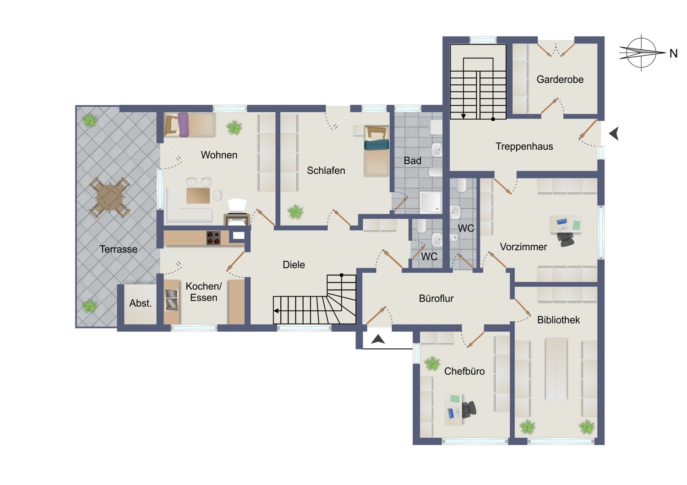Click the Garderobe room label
[560, 80]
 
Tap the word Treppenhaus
[524, 146]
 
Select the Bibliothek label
[558, 320]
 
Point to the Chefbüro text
[464, 371]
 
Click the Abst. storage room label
[141, 303]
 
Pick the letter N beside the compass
[674, 54]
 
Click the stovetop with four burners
[213, 238]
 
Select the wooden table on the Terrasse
[110, 197]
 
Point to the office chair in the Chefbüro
[469, 410]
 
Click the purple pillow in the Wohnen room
[183, 124]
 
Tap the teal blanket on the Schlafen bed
[376, 145]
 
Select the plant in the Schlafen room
[296, 212]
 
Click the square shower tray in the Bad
[431, 202]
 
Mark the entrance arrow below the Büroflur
[378, 339]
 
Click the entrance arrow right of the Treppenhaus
[614, 134]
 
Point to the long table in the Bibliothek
[556, 369]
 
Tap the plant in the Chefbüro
[432, 363]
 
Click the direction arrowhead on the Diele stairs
[276, 311]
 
